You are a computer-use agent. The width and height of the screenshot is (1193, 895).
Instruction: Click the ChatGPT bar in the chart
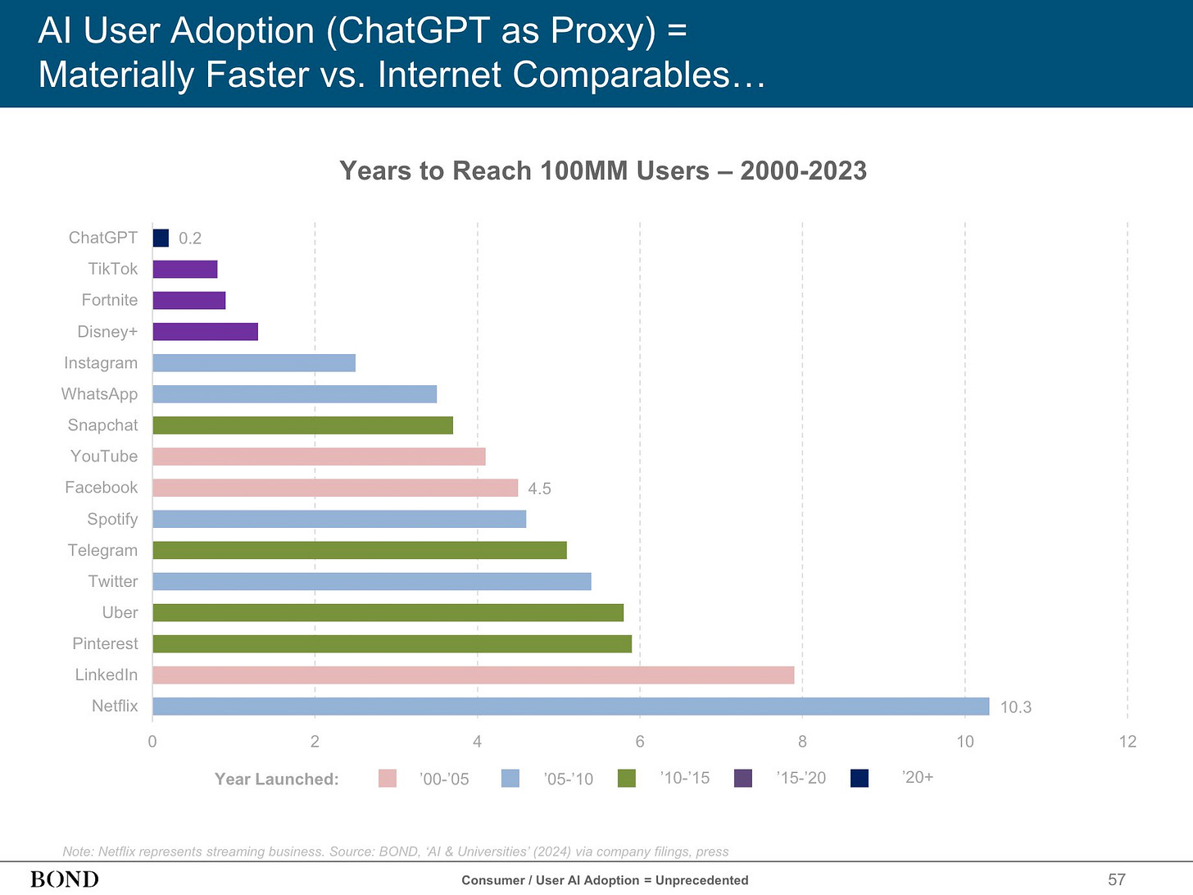[x=161, y=238]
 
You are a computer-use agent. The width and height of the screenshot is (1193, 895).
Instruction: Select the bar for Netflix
[x=570, y=706]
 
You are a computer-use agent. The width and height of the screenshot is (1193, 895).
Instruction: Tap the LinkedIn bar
[x=473, y=675]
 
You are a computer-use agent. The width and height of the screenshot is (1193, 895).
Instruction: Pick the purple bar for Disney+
[x=205, y=332]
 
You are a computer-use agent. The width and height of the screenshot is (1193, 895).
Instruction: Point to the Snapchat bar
[x=302, y=425]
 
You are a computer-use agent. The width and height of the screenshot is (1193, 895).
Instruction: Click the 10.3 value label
[x=1015, y=707]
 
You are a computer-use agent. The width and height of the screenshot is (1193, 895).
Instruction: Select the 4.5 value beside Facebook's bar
[x=539, y=488]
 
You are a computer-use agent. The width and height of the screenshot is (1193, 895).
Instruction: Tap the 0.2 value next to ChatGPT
[x=190, y=239]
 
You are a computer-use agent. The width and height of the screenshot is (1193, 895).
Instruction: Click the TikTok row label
[x=113, y=269]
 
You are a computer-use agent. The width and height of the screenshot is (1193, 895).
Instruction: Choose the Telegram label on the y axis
[x=102, y=550]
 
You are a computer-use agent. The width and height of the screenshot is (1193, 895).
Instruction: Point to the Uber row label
[x=120, y=612]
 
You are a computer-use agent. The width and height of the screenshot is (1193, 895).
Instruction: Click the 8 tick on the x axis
[x=802, y=742]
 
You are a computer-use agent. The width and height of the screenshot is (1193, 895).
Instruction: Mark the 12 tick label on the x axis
[x=1127, y=742]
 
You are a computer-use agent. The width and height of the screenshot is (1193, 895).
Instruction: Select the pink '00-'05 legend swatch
[x=388, y=779]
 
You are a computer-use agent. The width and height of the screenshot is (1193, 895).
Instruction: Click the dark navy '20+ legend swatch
[x=860, y=778]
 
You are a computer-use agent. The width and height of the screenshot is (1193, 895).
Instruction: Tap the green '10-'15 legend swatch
[x=627, y=778]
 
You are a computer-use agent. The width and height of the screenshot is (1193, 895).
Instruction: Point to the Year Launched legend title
[x=276, y=779]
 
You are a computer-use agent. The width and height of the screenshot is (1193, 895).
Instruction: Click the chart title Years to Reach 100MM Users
[x=603, y=170]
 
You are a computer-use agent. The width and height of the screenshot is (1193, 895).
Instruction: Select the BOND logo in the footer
[x=64, y=879]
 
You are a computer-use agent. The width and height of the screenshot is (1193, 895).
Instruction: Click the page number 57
[x=1117, y=879]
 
